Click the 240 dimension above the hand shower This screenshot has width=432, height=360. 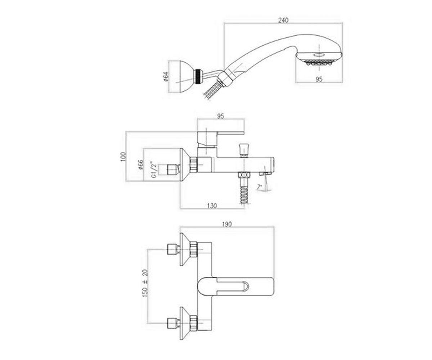[283, 20]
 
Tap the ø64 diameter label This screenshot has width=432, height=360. [167, 76]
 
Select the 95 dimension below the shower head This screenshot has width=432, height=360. [319, 79]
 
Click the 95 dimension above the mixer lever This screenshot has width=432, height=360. [221, 116]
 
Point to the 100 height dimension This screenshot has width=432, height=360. [123, 157]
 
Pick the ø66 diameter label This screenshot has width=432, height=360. [140, 165]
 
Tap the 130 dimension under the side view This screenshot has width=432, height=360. [212, 206]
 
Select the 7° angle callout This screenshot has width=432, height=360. [259, 187]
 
